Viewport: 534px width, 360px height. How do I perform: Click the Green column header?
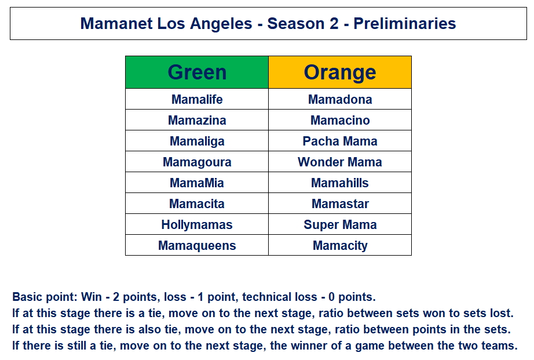point(197,72)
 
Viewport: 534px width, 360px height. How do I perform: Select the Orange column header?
point(340,72)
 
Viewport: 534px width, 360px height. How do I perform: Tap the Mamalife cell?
point(197,99)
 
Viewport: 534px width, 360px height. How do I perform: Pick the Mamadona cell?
point(340,99)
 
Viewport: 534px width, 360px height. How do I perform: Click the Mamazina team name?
point(197,121)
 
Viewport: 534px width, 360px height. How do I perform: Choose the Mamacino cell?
point(340,120)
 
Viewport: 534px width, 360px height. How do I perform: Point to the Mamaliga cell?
point(197,141)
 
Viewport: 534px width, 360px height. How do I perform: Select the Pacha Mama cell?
point(340,141)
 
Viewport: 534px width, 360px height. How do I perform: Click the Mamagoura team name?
point(197,162)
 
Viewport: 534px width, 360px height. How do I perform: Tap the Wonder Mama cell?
point(340,162)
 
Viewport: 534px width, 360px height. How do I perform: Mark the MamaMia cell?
point(197,183)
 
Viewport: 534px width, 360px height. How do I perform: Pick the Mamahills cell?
point(340,183)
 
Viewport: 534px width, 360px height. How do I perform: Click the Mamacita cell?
point(197,203)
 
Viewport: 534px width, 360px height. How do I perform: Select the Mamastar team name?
point(340,204)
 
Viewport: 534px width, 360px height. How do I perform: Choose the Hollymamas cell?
point(197,224)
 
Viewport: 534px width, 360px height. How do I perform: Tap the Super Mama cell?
point(340,224)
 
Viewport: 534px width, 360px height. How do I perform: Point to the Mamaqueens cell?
point(197,245)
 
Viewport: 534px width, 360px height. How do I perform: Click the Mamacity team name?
point(340,246)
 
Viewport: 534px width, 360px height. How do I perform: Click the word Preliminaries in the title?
point(405,24)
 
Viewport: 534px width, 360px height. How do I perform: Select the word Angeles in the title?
point(221,24)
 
